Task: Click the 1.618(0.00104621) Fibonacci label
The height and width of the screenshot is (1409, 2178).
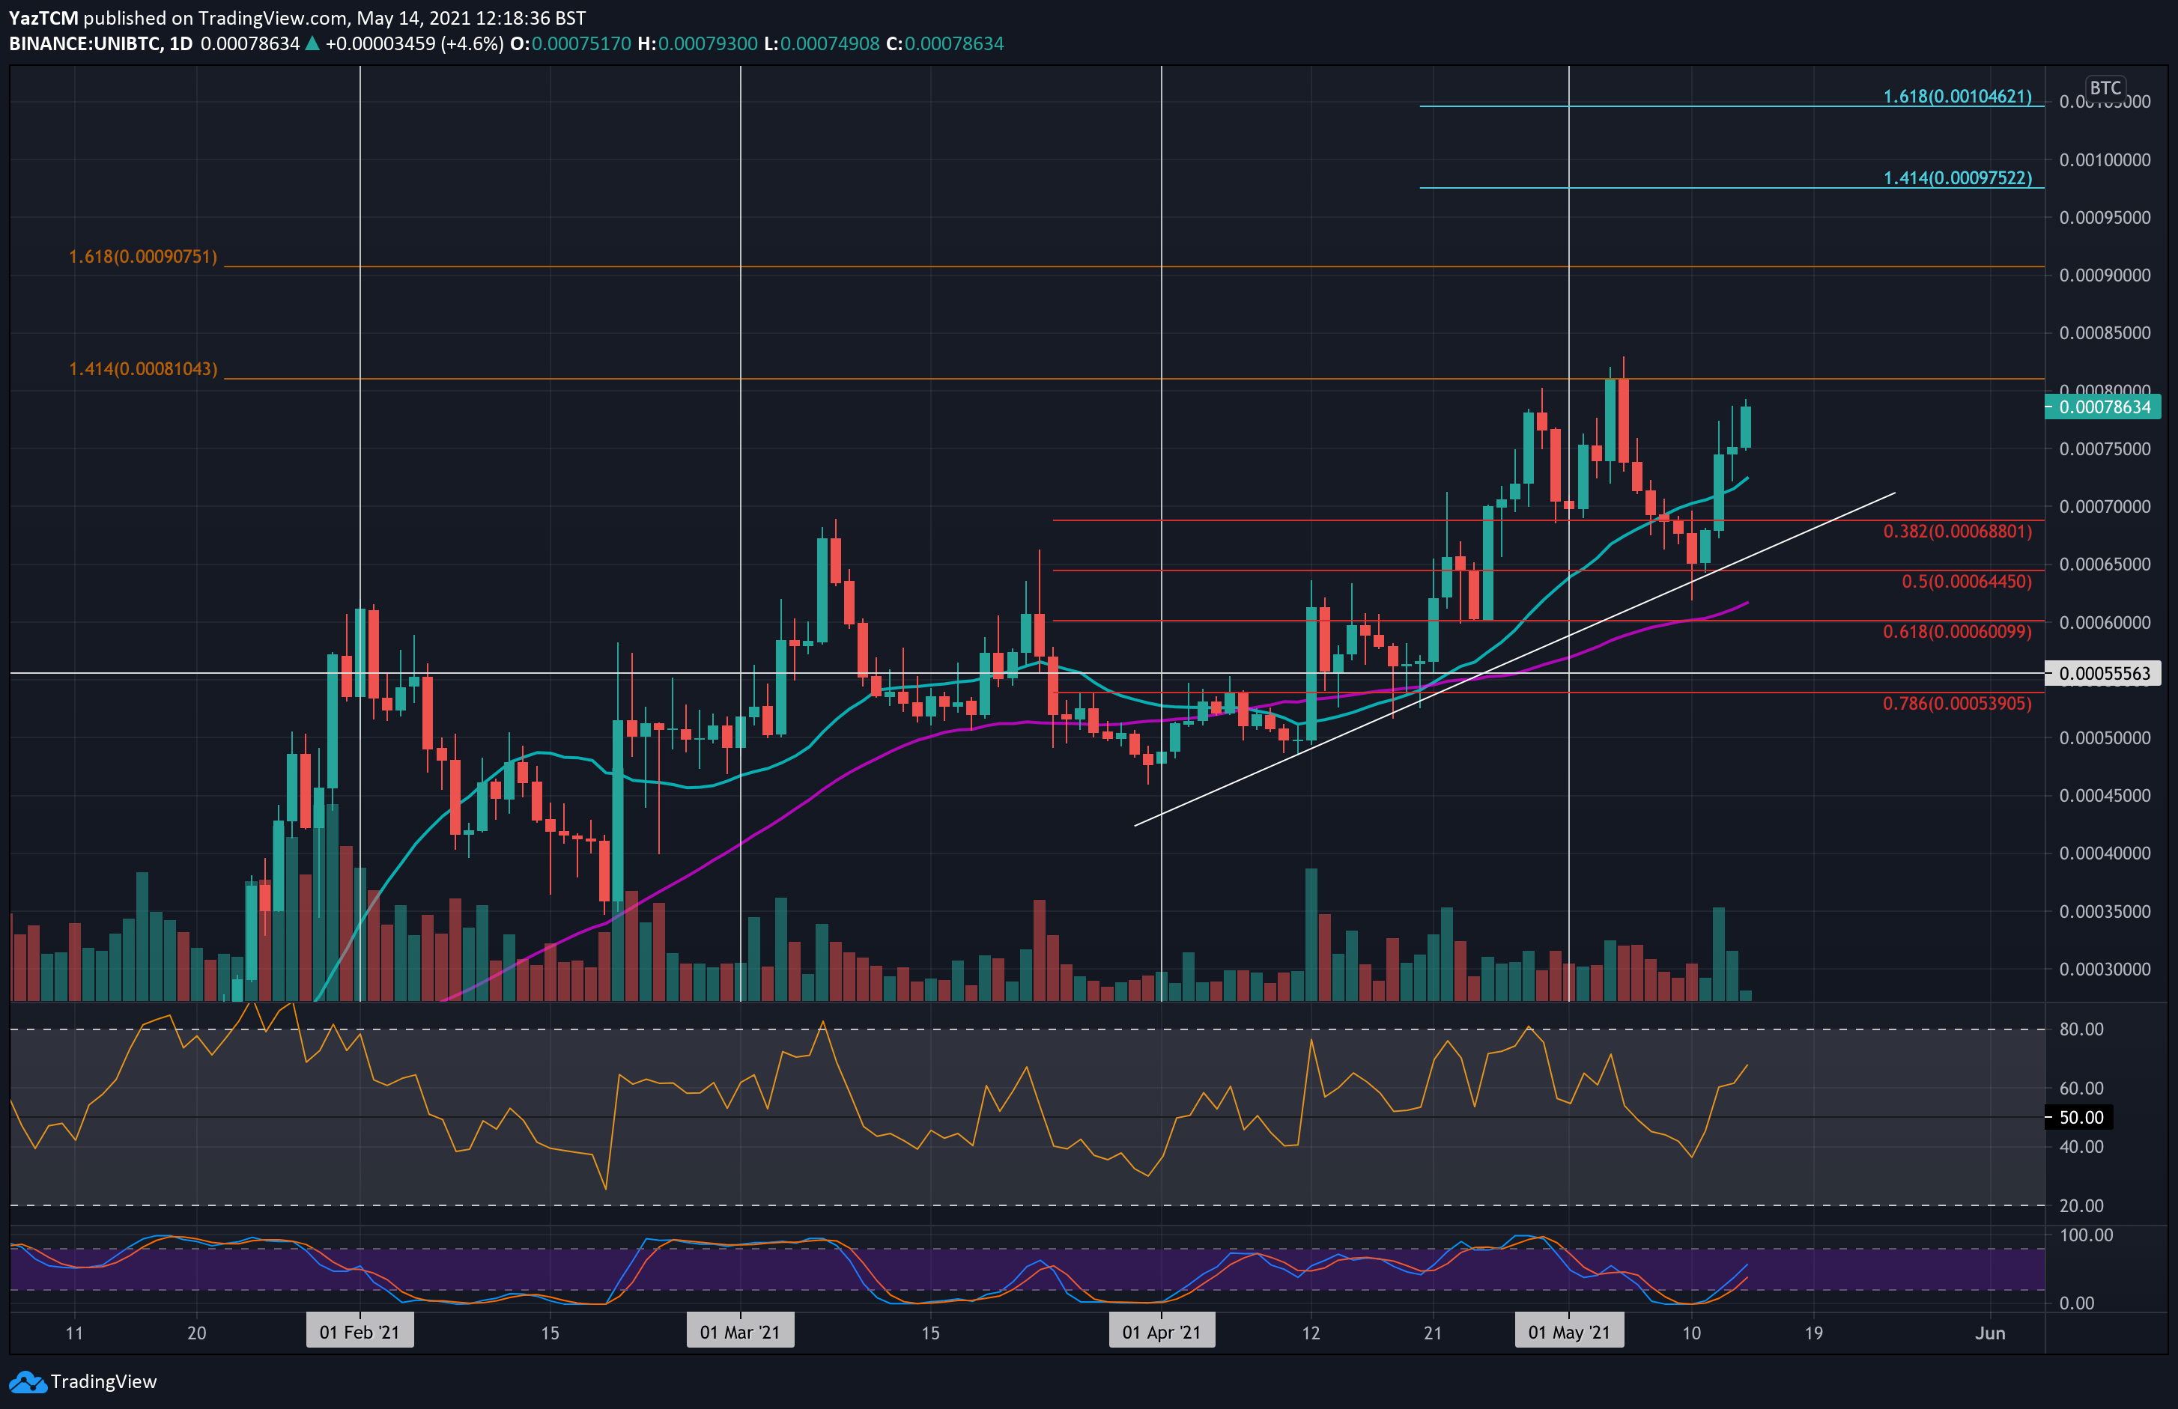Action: [1956, 96]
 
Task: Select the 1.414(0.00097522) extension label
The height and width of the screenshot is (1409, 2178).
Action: [1956, 177]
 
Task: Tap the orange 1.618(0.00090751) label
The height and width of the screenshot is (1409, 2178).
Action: [143, 256]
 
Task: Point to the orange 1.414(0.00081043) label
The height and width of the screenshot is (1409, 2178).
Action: [143, 368]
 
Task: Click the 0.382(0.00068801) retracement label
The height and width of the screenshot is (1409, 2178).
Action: [1956, 531]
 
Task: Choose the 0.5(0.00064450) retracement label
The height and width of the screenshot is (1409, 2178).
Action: [1966, 581]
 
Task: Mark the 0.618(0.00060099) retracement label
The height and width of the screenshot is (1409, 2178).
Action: [1956, 631]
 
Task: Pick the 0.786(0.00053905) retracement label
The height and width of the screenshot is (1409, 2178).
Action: [1956, 703]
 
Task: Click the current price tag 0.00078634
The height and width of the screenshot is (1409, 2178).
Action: [2103, 407]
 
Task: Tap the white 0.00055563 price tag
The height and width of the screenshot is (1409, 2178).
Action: [2103, 673]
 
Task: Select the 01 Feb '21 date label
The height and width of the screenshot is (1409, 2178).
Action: [360, 1332]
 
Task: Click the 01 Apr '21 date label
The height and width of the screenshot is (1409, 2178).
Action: [1162, 1332]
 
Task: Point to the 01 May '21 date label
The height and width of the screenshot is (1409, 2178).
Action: [1568, 1332]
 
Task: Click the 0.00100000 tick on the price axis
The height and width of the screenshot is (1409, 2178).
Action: [2104, 160]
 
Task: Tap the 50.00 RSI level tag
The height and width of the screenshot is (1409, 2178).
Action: [2081, 1117]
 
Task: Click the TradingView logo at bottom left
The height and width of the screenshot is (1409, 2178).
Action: [83, 1381]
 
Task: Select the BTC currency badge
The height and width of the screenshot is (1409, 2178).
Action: [2105, 88]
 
